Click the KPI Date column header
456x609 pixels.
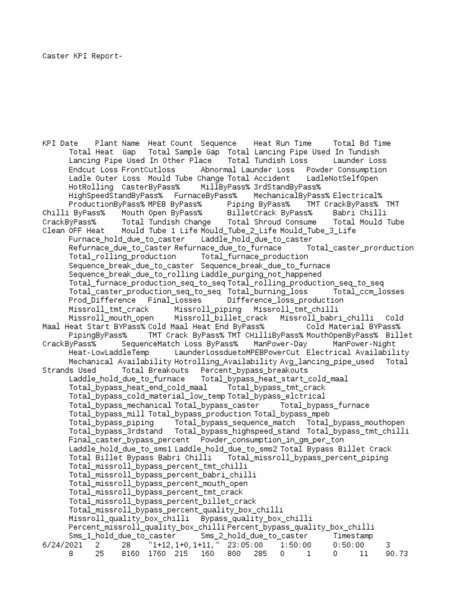pos(60,143)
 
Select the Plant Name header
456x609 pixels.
pos(117,143)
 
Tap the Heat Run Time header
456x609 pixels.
pos(282,143)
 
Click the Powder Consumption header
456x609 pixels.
pos(346,169)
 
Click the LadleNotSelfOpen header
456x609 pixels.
pos(342,178)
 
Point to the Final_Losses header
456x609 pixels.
pos(172,300)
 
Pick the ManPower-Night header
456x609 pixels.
pos(364,344)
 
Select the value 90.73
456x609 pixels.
pos(397,554)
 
